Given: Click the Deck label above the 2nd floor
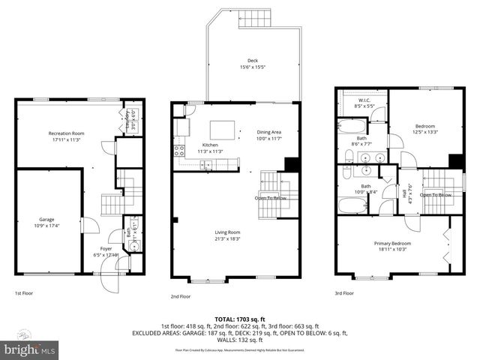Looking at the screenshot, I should [253, 61].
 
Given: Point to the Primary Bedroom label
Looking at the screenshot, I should [393, 244].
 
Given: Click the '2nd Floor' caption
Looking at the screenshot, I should [181, 296].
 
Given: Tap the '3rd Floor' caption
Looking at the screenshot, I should [343, 293].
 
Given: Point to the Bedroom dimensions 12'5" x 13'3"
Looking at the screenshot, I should [425, 132].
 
